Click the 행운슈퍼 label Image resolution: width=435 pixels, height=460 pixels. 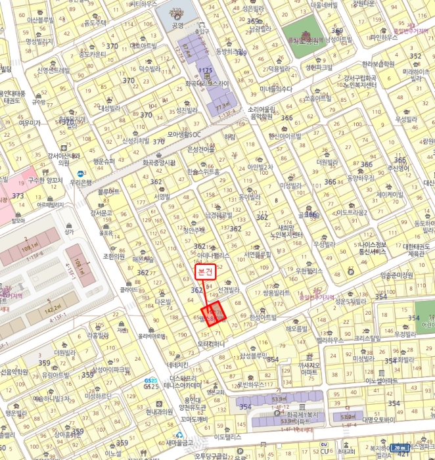103,161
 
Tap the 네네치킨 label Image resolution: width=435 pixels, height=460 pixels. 178,365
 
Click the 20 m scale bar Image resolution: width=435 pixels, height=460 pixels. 400,447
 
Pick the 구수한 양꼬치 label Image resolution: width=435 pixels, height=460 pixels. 45,179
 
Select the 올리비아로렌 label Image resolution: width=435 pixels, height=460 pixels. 151,336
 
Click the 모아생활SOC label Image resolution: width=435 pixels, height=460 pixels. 183,134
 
